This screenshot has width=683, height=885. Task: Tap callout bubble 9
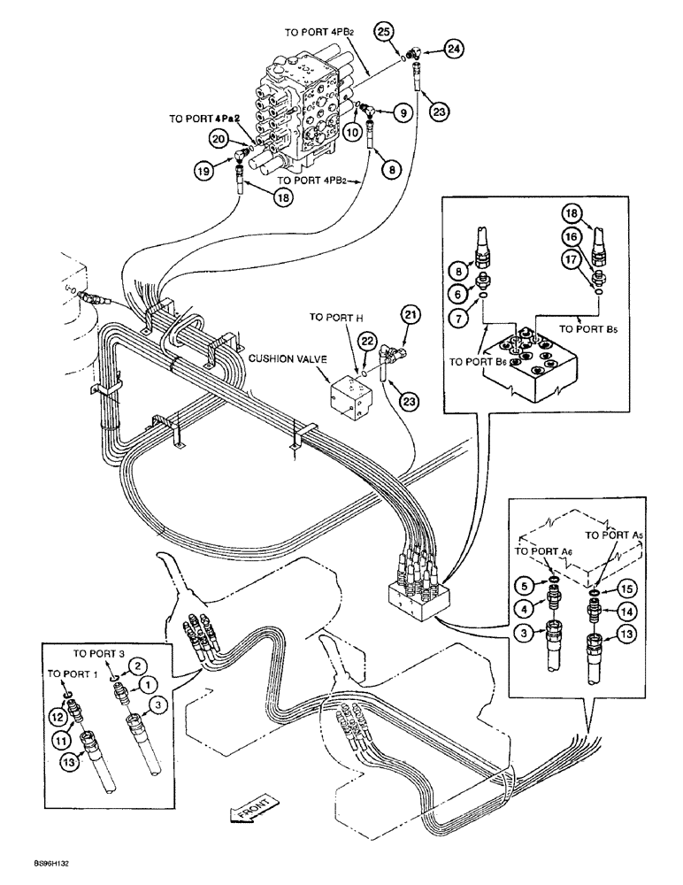click(x=400, y=112)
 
